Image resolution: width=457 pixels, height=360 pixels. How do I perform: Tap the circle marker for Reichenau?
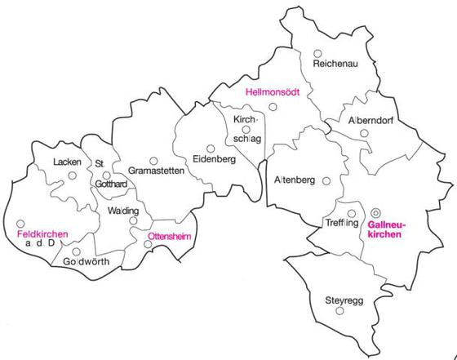pos(317,53)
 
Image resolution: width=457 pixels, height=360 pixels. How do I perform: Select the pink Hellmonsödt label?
pos(272,93)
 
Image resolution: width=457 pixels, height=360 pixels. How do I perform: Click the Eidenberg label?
pos(215,158)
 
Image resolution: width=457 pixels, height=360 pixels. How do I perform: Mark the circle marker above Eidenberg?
pos(211,149)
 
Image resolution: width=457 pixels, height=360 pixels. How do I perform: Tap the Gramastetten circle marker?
pos(153,160)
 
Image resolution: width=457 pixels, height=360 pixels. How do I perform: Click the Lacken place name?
pos(67,162)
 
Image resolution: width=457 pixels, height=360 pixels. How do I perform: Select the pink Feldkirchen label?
pos(42,233)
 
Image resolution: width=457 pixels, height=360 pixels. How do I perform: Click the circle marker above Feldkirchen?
pos(20,223)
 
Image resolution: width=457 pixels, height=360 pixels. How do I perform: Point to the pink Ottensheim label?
pos(169,234)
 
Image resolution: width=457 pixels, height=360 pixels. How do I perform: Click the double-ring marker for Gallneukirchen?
pos(376,213)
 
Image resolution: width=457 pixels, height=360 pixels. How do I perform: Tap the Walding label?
pos(124,211)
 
